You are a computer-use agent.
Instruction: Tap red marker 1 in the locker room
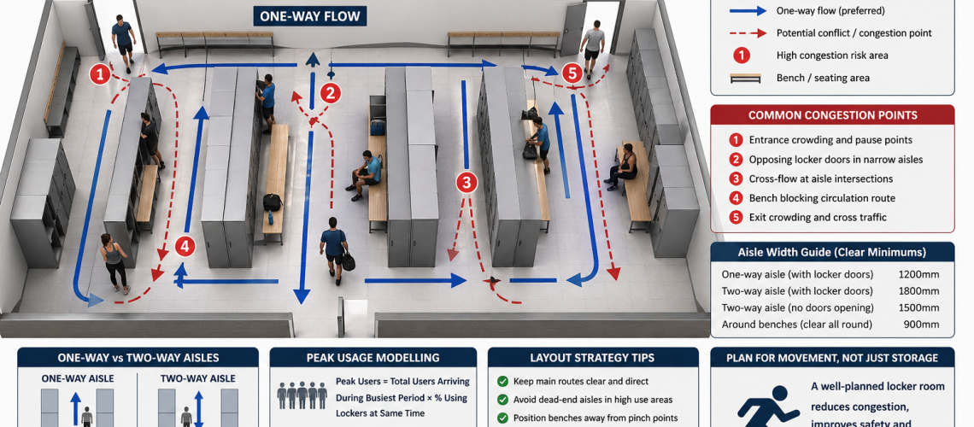click(x=100, y=74)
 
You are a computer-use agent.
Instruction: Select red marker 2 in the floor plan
click(x=330, y=93)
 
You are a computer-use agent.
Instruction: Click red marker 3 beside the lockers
click(x=466, y=181)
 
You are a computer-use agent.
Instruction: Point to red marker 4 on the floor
click(x=185, y=247)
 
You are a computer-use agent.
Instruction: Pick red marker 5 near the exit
click(x=572, y=73)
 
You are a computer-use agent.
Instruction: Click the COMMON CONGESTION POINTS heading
click(x=832, y=115)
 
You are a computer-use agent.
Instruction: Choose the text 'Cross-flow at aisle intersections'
click(x=820, y=178)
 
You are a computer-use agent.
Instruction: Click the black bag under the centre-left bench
click(x=273, y=202)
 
